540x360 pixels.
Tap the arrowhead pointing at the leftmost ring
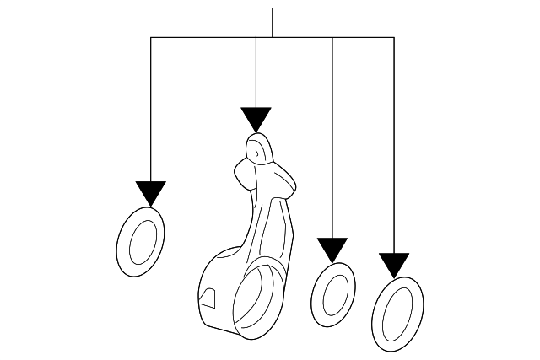[x=151, y=193]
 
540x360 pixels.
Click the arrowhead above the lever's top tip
[x=256, y=119]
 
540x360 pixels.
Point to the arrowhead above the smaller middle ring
[x=332, y=249]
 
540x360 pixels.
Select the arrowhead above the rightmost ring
[x=394, y=264]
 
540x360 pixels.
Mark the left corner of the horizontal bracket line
[x=151, y=37]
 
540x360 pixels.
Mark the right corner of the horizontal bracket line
[x=394, y=37]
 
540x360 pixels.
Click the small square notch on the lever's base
[x=207, y=296]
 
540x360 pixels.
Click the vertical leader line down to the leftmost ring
[x=151, y=110]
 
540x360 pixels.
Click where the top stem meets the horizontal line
[x=273, y=37]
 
